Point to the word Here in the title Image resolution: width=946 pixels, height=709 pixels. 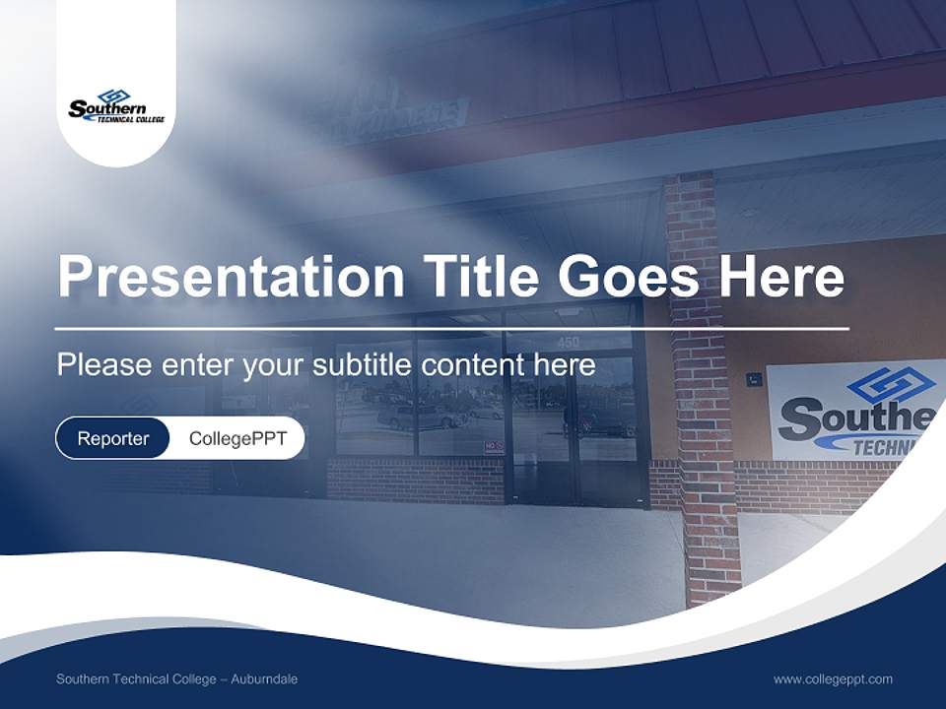coord(781,276)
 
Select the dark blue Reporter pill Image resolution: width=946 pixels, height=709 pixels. coord(113,438)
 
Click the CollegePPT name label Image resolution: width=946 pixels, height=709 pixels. coord(237,438)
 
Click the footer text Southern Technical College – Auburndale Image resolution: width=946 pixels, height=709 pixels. coord(176,679)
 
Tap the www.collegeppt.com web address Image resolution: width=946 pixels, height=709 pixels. coord(833,679)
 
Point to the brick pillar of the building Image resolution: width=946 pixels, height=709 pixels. coord(702,414)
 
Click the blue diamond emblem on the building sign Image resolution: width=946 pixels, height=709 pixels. coord(891,385)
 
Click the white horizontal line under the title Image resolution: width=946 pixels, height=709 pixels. coord(451,328)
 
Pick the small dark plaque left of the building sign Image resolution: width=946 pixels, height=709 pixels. coord(753,377)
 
